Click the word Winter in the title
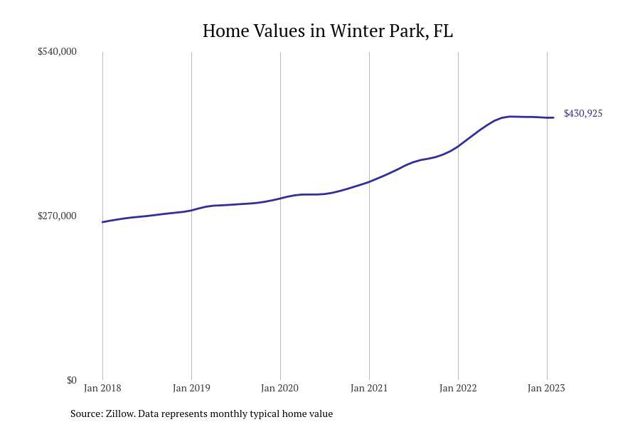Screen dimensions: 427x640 point(353,31)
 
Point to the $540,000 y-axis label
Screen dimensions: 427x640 point(57,51)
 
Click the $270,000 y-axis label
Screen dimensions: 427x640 point(57,216)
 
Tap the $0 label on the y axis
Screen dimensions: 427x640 point(71,380)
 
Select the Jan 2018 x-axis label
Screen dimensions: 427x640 point(102,388)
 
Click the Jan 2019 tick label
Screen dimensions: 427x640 point(191,388)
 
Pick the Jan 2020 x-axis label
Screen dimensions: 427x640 point(280,388)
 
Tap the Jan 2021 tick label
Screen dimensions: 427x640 point(369,388)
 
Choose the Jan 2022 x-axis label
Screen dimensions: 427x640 point(458,388)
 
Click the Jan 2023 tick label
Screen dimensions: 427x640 point(546,388)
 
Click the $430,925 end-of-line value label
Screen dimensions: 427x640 point(583,114)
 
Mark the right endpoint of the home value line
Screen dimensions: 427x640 point(553,117)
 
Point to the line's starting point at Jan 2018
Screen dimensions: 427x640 point(103,222)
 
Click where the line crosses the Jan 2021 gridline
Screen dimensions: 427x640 point(369,181)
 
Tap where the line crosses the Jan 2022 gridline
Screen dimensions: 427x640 point(458,145)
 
